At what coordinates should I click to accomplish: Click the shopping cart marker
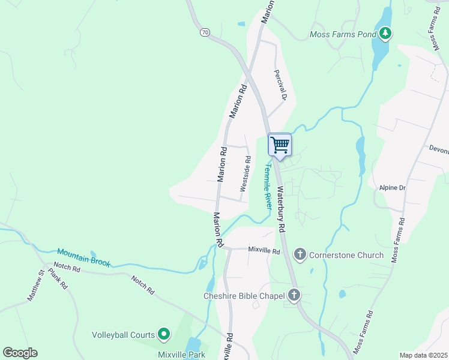coord(280,145)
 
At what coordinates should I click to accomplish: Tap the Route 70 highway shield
coord(205,32)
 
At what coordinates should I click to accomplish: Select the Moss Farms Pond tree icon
coord(385,34)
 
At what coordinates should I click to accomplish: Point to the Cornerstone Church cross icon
coord(300,255)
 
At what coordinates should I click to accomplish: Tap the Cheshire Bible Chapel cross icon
coord(294,295)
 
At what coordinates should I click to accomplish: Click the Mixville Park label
coord(181,354)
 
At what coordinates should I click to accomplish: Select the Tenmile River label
coord(268,187)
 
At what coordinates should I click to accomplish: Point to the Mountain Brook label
coord(83,257)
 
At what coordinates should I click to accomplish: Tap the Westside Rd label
coord(246,174)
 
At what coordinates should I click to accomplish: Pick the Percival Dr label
coord(282,84)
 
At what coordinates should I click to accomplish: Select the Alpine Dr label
coord(393,188)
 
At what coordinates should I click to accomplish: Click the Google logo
coord(20,353)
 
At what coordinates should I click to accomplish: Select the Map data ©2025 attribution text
coord(423,355)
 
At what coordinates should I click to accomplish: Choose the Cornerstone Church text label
coord(346,255)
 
